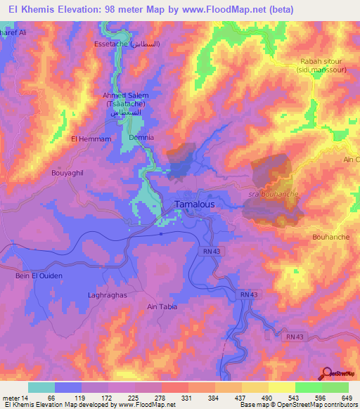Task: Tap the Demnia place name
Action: pos(141,138)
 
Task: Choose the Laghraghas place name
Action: pos(108,295)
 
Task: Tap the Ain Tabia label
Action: pos(162,306)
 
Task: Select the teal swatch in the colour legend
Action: pos(41,387)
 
